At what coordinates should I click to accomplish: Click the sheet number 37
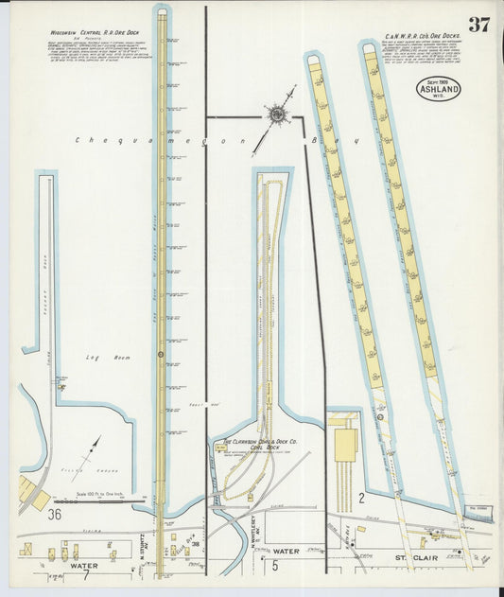pyautogui.click(x=478, y=25)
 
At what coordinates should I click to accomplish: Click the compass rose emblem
pyautogui.click(x=277, y=115)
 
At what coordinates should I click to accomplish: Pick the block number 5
pyautogui.click(x=275, y=566)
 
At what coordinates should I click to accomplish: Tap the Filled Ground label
pyautogui.click(x=85, y=468)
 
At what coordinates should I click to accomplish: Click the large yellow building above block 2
pyautogui.click(x=345, y=445)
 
